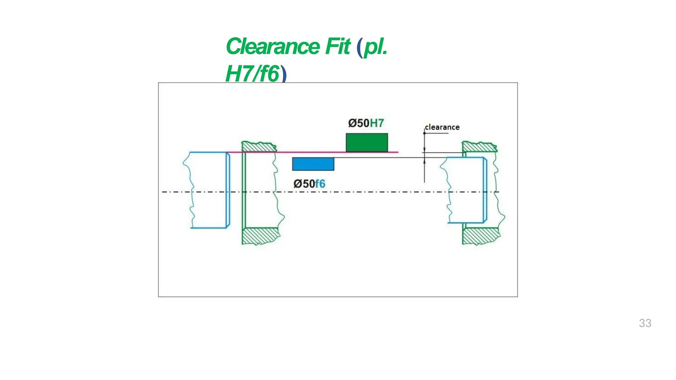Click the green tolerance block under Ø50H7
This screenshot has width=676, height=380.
(367, 142)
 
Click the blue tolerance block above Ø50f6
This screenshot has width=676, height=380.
(313, 164)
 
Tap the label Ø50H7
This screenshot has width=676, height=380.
(366, 123)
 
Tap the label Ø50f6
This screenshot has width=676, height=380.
(309, 184)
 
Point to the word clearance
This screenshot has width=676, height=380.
(442, 127)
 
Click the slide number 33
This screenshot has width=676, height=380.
(645, 323)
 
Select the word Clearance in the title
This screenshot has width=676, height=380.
(273, 47)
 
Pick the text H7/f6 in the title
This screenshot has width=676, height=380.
(252, 74)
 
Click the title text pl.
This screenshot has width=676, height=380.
(375, 47)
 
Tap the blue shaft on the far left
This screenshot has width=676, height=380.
(208, 190)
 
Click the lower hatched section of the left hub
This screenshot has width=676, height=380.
(260, 236)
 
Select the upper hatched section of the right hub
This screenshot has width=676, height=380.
(479, 147)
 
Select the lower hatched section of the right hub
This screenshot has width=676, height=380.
(481, 236)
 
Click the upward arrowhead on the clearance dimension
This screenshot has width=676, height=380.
(424, 161)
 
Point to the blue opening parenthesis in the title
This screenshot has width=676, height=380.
(359, 48)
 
